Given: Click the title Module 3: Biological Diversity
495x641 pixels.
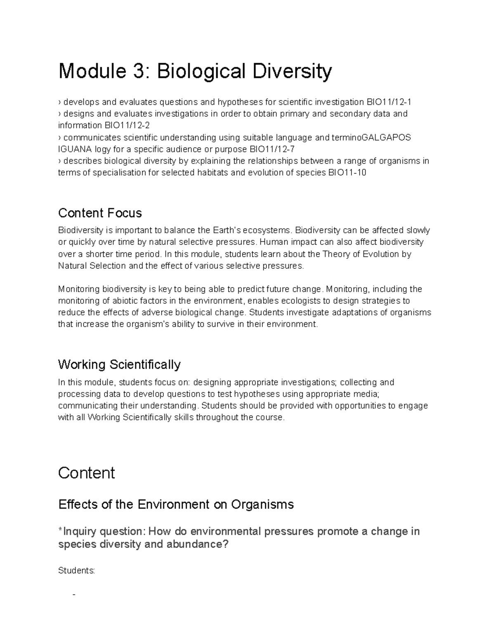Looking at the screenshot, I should click(x=195, y=71).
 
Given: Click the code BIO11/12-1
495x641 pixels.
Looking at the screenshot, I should click(x=389, y=102).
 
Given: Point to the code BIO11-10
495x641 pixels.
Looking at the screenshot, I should click(x=346, y=173).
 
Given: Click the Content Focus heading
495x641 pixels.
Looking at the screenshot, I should click(x=100, y=213).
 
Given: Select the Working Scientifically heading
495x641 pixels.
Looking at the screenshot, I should click(x=119, y=364).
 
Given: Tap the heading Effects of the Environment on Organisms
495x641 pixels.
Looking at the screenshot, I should click(x=176, y=504).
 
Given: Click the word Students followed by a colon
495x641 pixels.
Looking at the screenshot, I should click(x=77, y=571).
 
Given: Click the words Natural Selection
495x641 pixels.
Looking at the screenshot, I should click(x=92, y=266).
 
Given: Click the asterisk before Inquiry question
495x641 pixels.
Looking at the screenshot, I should click(x=60, y=530).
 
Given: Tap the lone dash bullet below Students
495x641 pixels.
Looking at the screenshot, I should click(x=74, y=595).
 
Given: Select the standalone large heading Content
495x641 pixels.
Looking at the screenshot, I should click(x=86, y=473).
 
